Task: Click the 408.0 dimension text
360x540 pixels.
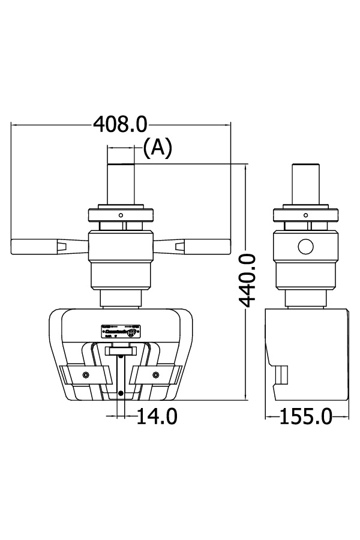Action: point(120,124)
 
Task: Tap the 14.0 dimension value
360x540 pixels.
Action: point(157,416)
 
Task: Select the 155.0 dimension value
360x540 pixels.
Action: point(305,416)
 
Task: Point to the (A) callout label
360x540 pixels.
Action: point(158,147)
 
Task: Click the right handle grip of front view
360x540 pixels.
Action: point(207,245)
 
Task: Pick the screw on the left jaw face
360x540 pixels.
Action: point(86,375)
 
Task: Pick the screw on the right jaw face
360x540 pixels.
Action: point(156,375)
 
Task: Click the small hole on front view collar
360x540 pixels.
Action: point(121,215)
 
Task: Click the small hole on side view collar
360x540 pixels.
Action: point(306,215)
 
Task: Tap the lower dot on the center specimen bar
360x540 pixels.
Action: point(121,393)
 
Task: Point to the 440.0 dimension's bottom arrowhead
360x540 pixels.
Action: point(246,397)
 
